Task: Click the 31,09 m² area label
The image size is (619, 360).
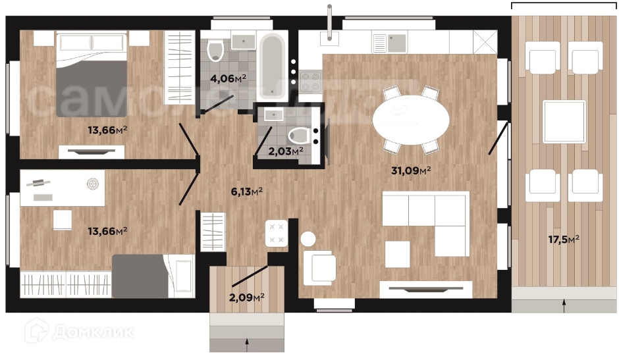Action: point(410,170)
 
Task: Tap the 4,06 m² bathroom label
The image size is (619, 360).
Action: point(229,78)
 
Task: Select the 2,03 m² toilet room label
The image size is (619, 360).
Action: point(286,151)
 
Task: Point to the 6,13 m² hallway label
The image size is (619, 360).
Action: point(247,192)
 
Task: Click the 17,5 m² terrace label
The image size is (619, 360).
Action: point(564,239)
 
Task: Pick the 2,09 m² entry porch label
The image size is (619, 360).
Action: point(247,297)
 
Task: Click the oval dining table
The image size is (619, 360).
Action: point(411,120)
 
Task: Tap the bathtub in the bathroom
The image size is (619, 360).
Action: point(272,66)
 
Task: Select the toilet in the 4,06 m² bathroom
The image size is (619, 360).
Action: point(215,50)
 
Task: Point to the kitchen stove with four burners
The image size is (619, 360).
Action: point(310,82)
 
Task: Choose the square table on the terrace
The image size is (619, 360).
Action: point(564,122)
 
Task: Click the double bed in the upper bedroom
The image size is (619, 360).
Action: point(92,75)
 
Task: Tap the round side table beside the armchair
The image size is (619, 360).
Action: point(308,239)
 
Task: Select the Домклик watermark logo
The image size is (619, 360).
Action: point(79,331)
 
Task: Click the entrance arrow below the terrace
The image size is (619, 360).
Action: point(564,305)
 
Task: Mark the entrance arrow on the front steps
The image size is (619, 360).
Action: point(247,345)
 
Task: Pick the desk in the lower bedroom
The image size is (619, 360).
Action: point(63,188)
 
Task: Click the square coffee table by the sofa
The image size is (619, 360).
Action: point(397,255)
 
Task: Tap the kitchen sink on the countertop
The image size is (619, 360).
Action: point(396,43)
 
